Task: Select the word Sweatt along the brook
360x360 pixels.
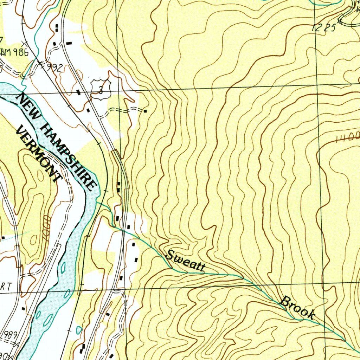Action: pos(185,261)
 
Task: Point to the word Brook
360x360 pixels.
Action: pos(297,308)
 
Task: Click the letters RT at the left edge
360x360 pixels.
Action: pos(6,287)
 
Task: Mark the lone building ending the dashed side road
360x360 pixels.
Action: pos(145,111)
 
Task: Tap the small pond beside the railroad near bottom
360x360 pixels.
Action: pos(79,330)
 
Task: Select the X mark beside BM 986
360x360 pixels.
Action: pos(24,43)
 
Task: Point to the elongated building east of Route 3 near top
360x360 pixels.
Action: pos(69,43)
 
